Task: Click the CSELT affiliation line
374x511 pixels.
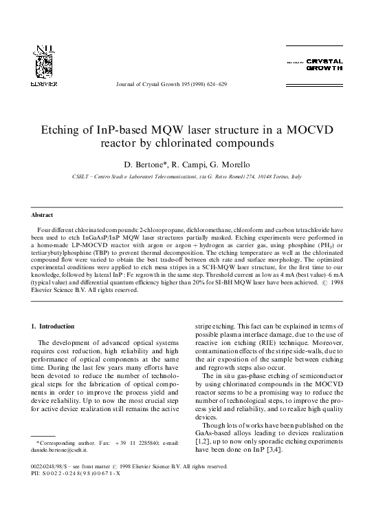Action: pos(186,178)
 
